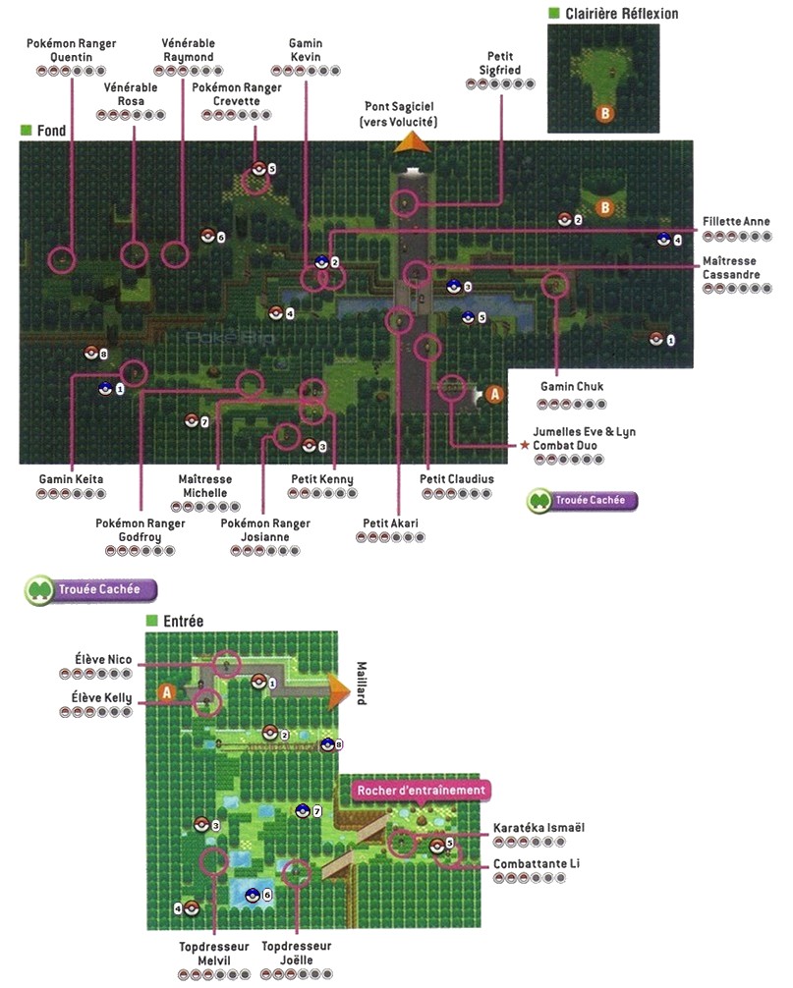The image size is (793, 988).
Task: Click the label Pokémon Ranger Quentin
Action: pyautogui.click(x=71, y=50)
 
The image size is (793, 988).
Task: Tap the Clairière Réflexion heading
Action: pyautogui.click(x=620, y=14)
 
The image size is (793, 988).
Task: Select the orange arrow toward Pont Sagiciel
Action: pyautogui.click(x=413, y=143)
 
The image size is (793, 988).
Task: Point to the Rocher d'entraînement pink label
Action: pyautogui.click(x=421, y=790)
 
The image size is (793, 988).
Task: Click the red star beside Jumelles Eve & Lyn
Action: pyautogui.click(x=525, y=445)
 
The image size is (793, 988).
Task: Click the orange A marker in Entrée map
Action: pyautogui.click(x=167, y=693)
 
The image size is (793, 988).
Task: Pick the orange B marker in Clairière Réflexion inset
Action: pyautogui.click(x=605, y=115)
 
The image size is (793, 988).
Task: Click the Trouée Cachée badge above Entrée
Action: pyautogui.click(x=91, y=590)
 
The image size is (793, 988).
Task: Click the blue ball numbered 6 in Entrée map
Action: pyautogui.click(x=253, y=895)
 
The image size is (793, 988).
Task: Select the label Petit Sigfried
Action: pyautogui.click(x=501, y=64)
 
